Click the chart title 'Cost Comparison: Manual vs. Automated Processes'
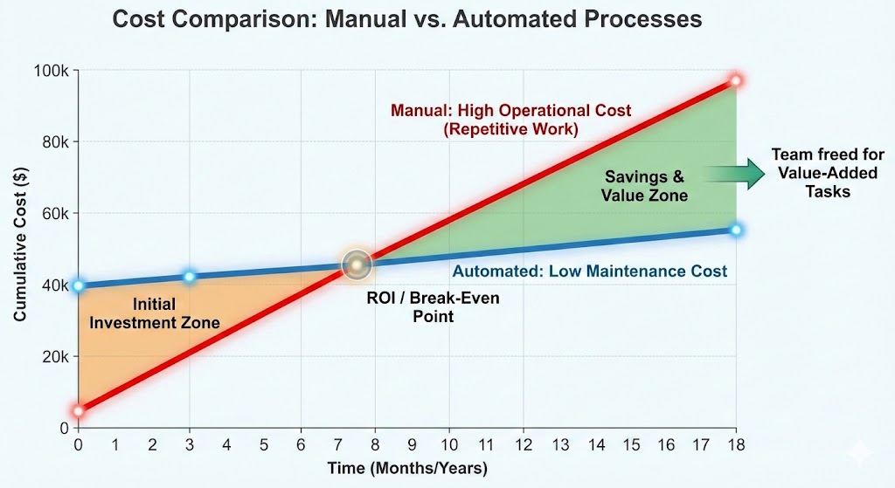[406, 19]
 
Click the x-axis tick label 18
[736, 445]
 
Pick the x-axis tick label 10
[449, 445]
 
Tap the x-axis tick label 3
[190, 445]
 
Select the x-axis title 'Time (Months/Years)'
[407, 469]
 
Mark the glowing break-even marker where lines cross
[357, 264]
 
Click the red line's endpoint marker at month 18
[736, 80]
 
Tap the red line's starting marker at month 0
[79, 411]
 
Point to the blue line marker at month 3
[190, 277]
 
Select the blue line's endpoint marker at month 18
[736, 230]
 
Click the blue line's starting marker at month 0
[79, 285]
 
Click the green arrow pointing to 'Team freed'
[732, 174]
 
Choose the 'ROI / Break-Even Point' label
[434, 306]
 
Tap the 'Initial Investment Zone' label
[155, 314]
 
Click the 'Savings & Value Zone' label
[644, 186]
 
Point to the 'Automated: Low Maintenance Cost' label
[589, 271]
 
